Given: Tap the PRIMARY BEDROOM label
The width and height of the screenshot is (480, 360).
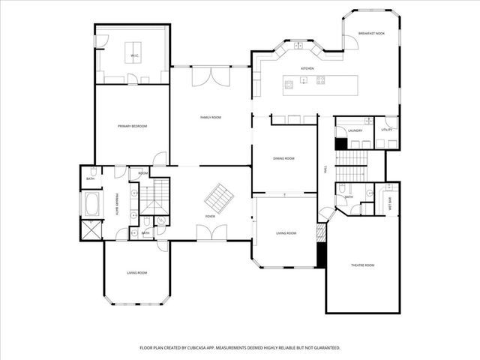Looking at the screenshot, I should [132, 127].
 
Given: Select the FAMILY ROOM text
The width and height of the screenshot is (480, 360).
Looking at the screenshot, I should [210, 118].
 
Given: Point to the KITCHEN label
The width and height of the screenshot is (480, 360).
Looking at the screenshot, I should [307, 68].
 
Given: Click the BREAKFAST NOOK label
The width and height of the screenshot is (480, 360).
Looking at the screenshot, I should [370, 33].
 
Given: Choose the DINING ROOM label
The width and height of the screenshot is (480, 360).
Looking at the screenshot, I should [283, 158].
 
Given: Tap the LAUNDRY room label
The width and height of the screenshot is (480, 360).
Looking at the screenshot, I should [355, 130].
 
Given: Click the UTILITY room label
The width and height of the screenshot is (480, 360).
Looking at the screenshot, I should [386, 130].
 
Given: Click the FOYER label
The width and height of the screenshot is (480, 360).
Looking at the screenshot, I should [211, 217].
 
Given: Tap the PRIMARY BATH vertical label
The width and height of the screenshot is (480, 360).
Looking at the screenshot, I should [117, 204].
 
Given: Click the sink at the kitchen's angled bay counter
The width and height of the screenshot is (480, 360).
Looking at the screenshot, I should [298, 46].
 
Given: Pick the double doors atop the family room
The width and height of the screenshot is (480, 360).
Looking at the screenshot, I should [210, 76].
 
